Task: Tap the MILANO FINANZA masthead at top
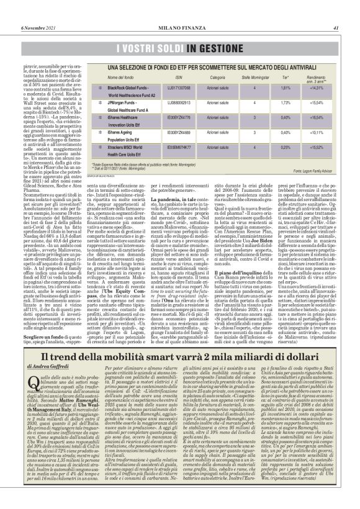(181, 10)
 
